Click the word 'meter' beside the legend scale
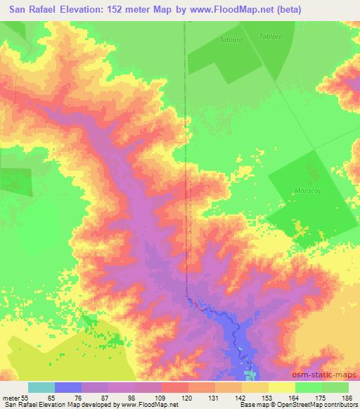pos(10,398)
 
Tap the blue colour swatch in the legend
pos(68,387)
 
